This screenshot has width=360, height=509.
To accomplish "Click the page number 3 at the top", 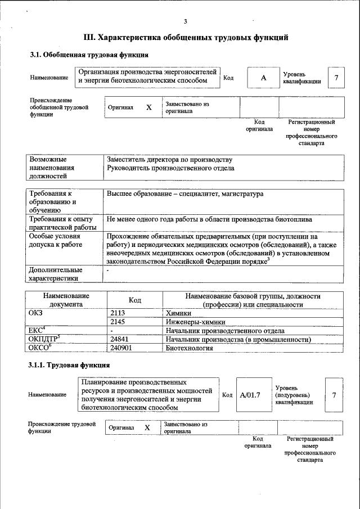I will (x=184, y=21).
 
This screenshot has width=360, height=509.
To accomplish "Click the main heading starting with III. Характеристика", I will (x=186, y=38).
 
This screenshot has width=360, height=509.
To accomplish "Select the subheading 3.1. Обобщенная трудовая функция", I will (x=89, y=55).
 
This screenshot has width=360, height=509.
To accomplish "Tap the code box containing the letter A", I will (x=263, y=78).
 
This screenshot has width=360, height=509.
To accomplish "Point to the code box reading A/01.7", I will (x=250, y=395).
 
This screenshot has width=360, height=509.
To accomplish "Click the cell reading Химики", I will (x=179, y=313).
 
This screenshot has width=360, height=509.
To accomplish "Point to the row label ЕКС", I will (x=36, y=331).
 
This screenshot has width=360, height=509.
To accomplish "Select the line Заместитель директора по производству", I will (x=169, y=160).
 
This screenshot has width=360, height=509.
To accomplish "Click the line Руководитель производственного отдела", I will (x=171, y=168).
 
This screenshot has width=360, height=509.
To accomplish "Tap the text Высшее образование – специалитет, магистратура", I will (x=184, y=194).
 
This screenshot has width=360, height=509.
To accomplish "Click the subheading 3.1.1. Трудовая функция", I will (x=69, y=366).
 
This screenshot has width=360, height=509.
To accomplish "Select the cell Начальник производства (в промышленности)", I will (x=238, y=340).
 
